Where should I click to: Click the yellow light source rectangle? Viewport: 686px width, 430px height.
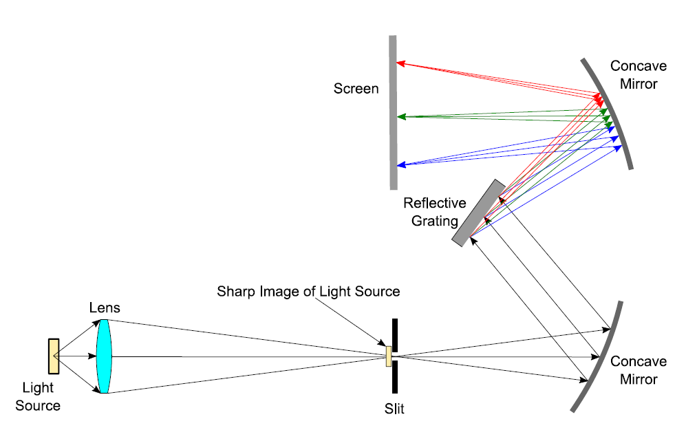(x=54, y=356)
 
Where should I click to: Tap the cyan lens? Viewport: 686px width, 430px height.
(x=103, y=356)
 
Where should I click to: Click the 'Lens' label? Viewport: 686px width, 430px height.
(x=104, y=308)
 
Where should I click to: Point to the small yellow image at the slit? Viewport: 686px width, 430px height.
(x=389, y=356)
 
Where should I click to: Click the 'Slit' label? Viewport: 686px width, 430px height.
(x=394, y=410)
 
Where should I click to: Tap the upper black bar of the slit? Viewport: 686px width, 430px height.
(x=395, y=333)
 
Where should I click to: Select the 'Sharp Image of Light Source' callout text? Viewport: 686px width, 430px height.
(x=308, y=291)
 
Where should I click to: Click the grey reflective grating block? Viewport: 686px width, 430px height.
(x=479, y=213)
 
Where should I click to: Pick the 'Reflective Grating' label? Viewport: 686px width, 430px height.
(x=435, y=212)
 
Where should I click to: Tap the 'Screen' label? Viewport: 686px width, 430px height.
(x=356, y=89)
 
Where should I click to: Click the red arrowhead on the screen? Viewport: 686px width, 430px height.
(x=400, y=63)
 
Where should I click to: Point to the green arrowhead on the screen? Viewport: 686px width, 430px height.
(x=400, y=117)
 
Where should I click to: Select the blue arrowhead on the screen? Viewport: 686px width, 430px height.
(x=400, y=165)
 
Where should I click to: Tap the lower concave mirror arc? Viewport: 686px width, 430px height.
(x=600, y=357)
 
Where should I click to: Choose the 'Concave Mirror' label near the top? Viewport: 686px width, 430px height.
(x=638, y=75)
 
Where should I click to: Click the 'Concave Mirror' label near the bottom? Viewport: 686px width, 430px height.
(x=639, y=370)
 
